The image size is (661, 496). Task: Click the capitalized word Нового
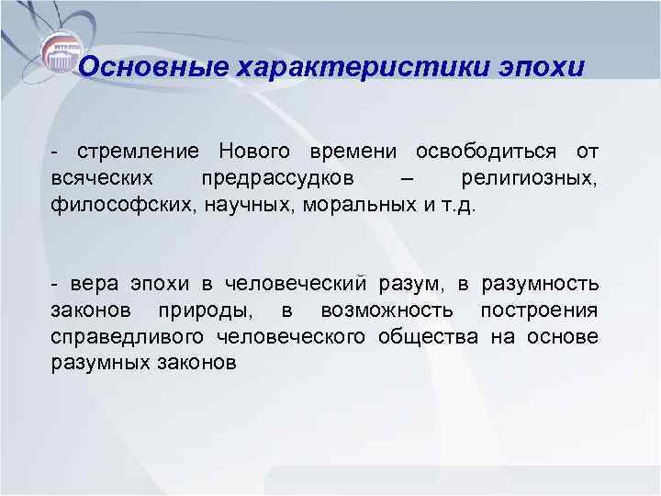pos(255,151)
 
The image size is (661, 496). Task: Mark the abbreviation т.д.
pos(458,202)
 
